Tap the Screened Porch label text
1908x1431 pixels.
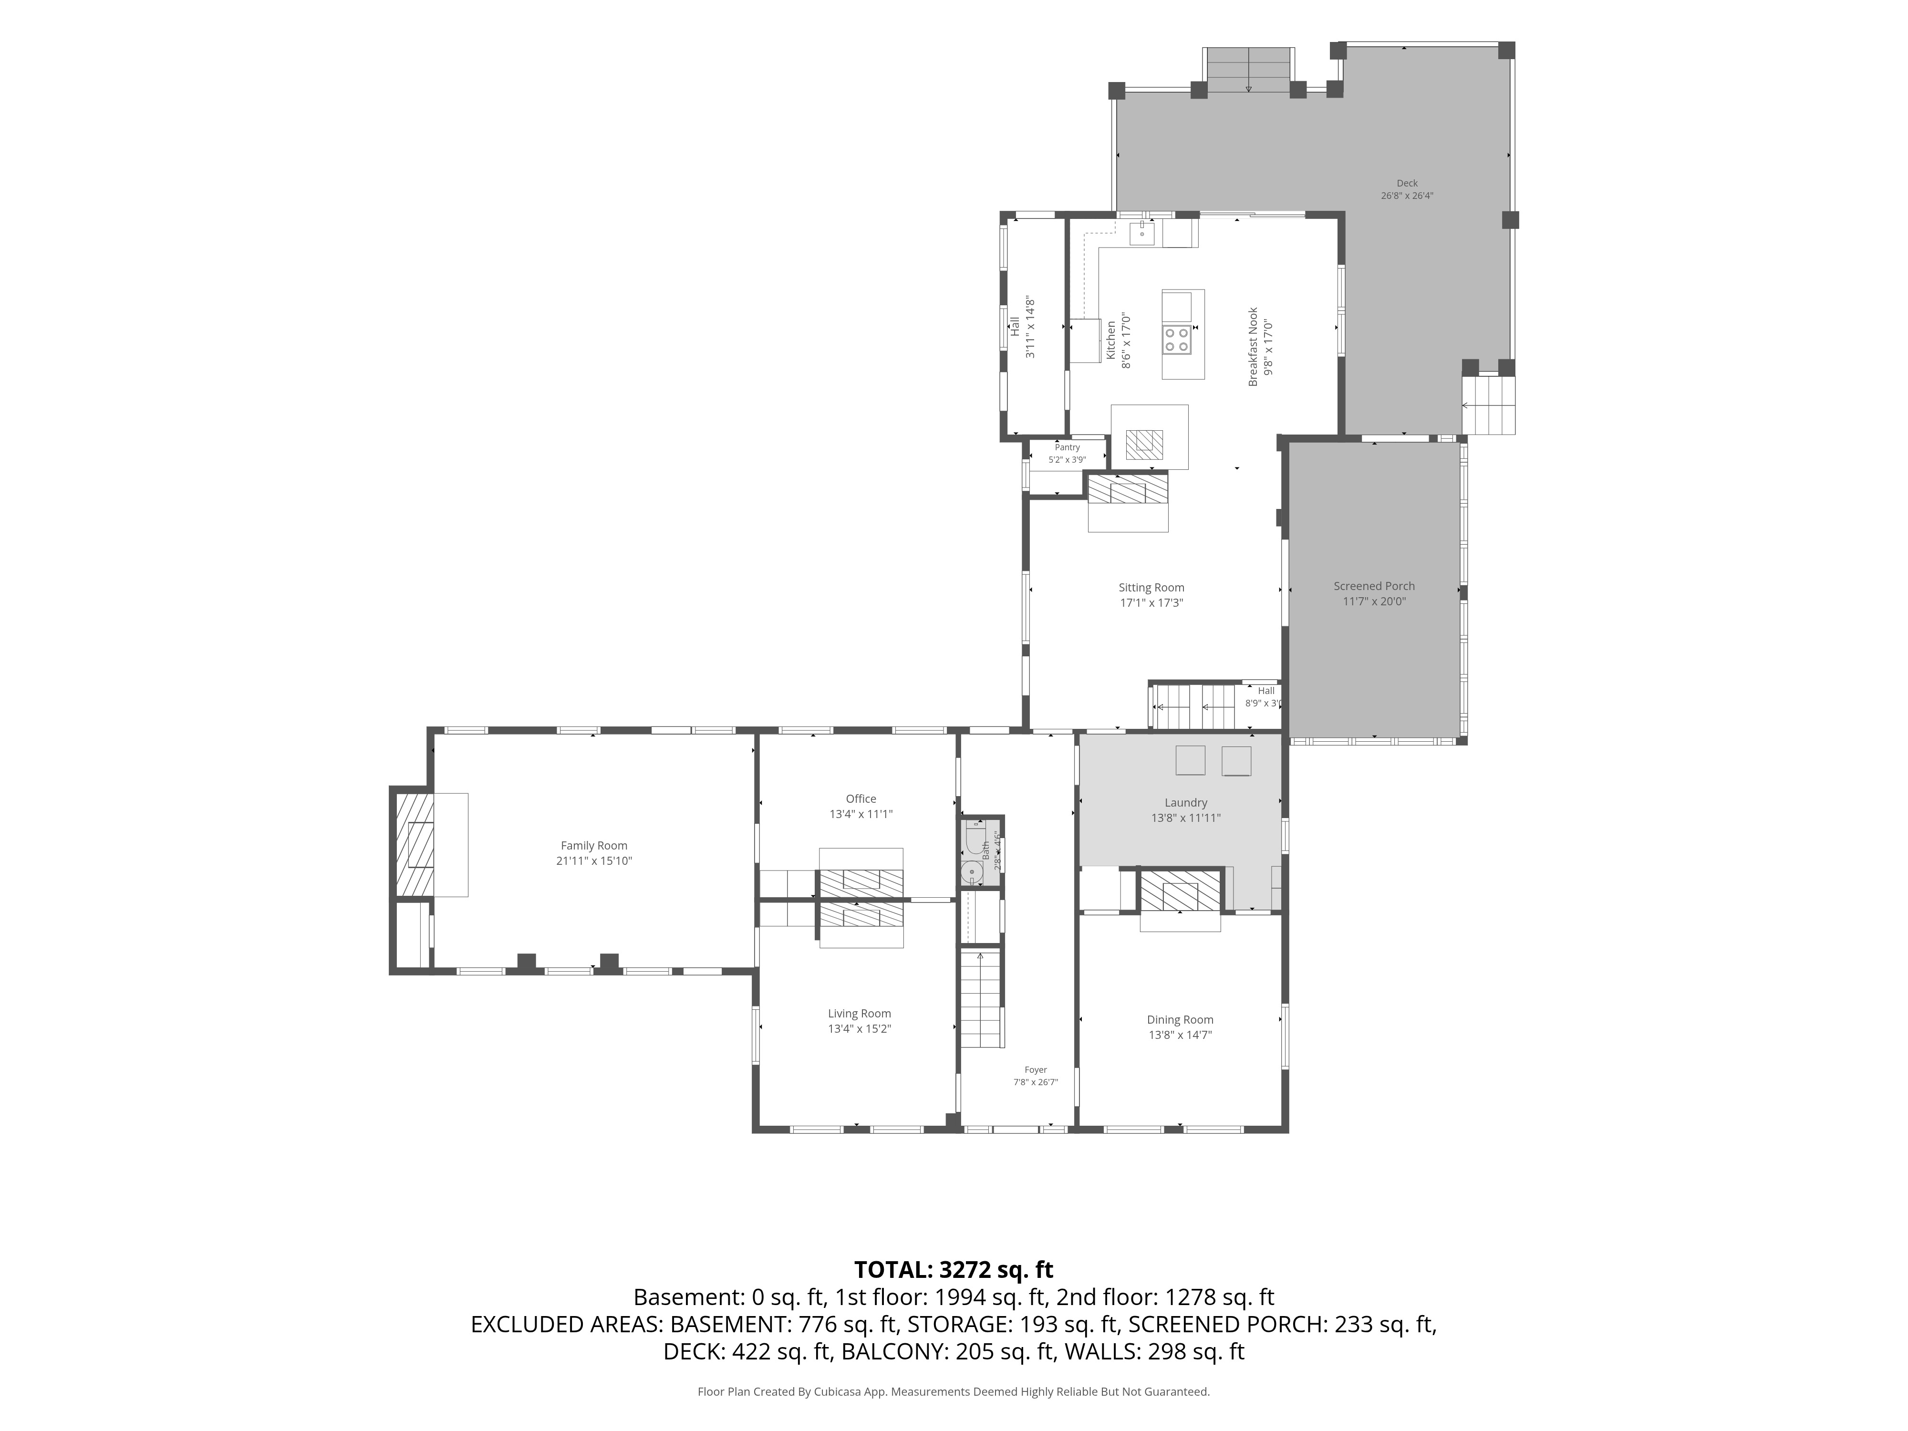point(1374,586)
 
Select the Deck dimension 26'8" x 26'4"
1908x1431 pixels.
point(1407,195)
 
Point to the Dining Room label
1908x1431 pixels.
point(1180,1019)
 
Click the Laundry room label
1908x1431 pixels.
point(1185,802)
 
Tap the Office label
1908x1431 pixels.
point(861,799)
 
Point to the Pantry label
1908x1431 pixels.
point(1067,447)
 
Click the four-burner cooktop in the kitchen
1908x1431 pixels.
point(1177,339)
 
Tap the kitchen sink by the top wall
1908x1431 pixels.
point(1142,233)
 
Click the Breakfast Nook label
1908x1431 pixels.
point(1253,347)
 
